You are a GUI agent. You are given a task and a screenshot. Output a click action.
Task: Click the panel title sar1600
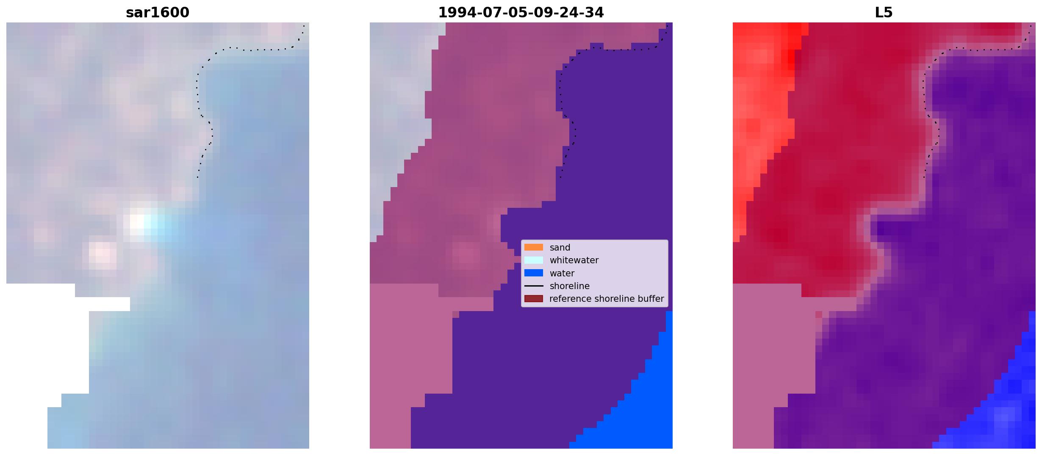158,13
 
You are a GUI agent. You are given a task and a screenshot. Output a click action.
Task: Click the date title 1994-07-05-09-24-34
521,13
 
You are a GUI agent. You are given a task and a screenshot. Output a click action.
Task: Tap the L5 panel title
884,13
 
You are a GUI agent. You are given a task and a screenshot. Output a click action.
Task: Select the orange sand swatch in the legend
534,247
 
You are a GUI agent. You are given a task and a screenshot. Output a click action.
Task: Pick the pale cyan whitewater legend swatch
534,260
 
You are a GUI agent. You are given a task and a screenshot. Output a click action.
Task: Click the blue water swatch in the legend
534,273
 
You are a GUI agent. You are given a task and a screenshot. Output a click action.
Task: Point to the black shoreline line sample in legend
534,286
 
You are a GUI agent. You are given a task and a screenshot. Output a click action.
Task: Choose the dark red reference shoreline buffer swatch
534,299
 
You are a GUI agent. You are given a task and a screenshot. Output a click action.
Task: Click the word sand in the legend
560,248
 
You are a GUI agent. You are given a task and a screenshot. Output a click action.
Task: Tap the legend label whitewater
574,260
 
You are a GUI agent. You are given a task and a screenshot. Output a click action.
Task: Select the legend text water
562,273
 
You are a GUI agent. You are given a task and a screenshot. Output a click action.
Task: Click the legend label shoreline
570,286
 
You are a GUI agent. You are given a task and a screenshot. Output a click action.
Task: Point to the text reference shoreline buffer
607,299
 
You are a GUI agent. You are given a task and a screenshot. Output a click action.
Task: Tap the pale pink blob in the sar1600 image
102,255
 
